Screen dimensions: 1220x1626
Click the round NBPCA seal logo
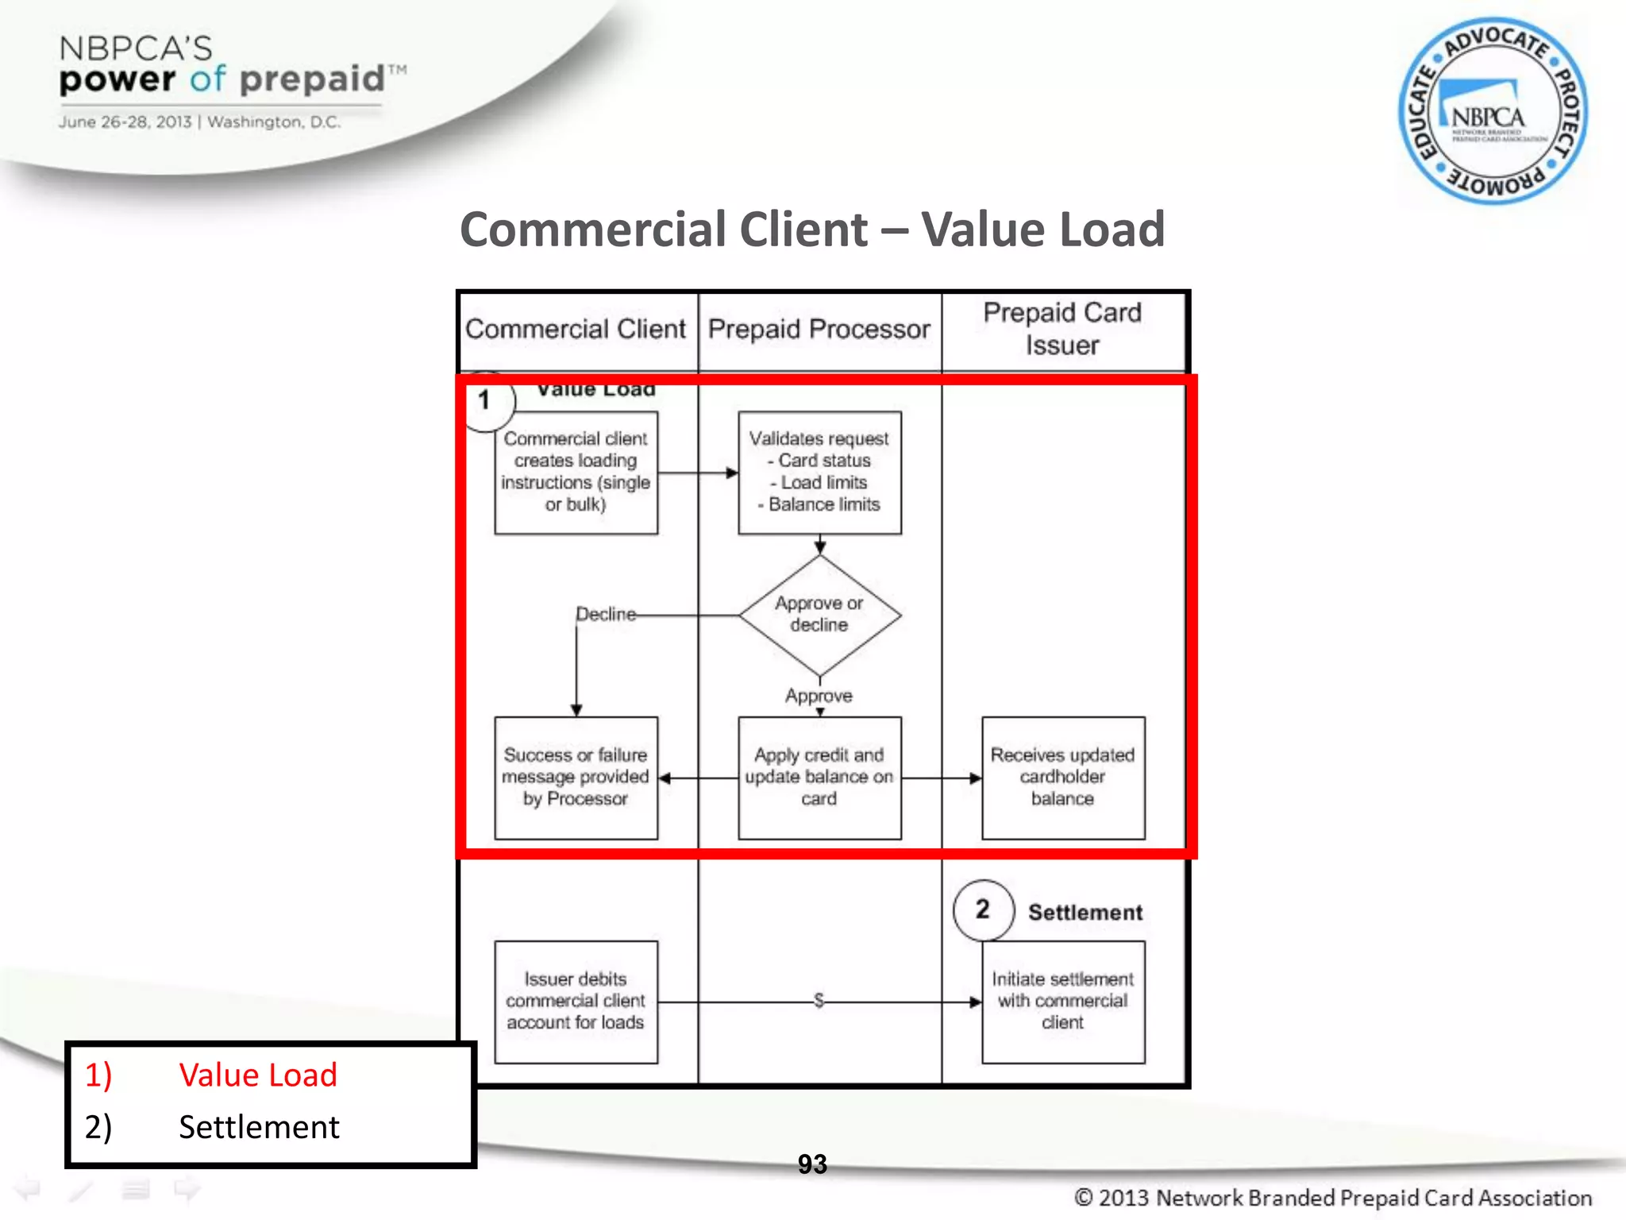[x=1493, y=111]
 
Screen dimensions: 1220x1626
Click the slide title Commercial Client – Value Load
[x=812, y=230]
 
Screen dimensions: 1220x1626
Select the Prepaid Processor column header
[x=819, y=329]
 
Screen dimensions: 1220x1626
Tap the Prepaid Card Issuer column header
[x=1062, y=329]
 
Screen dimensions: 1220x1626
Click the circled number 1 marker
[x=484, y=400]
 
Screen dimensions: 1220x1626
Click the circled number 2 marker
[x=983, y=909]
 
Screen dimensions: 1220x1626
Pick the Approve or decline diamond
[x=819, y=615]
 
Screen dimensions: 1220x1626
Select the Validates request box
[x=819, y=473]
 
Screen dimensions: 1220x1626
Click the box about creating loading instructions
[x=576, y=473]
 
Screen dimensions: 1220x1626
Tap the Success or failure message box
[x=576, y=778]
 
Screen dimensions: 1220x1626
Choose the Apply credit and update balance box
[x=819, y=778]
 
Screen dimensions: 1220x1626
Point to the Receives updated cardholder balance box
[x=1063, y=778]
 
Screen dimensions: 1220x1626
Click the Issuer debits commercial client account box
[x=576, y=1002]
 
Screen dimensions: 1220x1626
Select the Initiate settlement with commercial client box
[x=1063, y=1002]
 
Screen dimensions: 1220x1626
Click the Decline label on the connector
[x=606, y=614]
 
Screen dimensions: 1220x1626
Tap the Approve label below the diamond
[x=819, y=696]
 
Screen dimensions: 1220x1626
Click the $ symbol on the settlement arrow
[x=819, y=1000]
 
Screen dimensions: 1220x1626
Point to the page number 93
[x=812, y=1164]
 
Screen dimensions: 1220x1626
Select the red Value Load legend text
[x=258, y=1075]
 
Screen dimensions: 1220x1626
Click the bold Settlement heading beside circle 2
[x=1085, y=913]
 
